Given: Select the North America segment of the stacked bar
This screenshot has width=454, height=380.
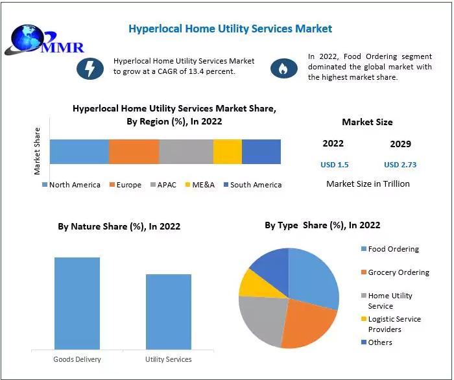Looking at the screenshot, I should point(79,151).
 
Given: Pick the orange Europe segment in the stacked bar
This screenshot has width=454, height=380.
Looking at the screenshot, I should point(134,151).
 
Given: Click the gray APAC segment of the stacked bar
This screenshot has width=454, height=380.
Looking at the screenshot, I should point(186,151).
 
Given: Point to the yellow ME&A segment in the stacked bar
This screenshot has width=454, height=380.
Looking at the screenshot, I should point(227,151).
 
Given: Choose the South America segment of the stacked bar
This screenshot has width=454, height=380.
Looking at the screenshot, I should point(261,151).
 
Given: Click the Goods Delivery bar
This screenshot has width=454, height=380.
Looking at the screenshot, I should point(77,303).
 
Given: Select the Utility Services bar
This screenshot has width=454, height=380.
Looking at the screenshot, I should point(168,312).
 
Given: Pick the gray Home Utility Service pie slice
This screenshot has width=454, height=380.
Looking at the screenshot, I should point(261,320).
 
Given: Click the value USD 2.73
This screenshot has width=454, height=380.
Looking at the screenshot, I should point(400,165).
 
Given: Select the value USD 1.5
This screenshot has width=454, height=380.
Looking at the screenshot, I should point(335,165).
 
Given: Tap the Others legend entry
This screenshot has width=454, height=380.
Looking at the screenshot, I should point(379,342).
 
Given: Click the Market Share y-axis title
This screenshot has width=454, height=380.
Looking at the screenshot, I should point(37,151).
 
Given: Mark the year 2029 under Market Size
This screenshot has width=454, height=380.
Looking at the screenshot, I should point(400,144).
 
